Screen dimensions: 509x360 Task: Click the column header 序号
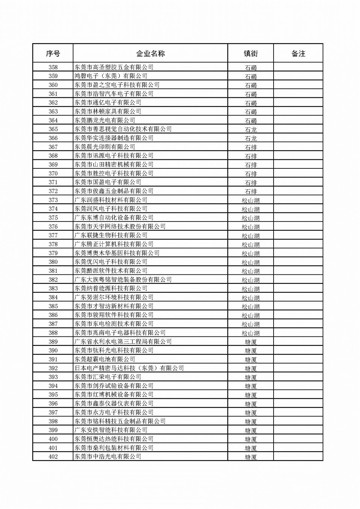pyautogui.click(x=53, y=53)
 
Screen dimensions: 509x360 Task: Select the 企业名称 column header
pyautogui.click(x=150, y=53)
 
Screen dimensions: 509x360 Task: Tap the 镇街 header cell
pyautogui.click(x=251, y=53)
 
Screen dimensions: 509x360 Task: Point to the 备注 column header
pyautogui.click(x=298, y=53)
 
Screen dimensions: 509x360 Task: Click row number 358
pyautogui.click(x=53, y=67)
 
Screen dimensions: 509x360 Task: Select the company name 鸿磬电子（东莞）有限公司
pyautogui.click(x=111, y=76)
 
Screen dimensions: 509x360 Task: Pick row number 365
pyautogui.click(x=53, y=129)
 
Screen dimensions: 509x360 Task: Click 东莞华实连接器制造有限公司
pyautogui.click(x=114, y=138)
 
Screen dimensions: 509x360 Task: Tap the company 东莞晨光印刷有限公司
pyautogui.click(x=105, y=147)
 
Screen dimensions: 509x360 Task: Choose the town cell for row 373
pyautogui.click(x=251, y=200)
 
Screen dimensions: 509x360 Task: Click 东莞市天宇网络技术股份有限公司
pyautogui.click(x=120, y=226)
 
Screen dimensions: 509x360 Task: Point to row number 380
pyautogui.click(x=53, y=262)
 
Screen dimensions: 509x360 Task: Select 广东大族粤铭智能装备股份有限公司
pyautogui.click(x=123, y=280)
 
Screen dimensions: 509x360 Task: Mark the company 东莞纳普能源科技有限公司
pyautogui.click(x=111, y=288)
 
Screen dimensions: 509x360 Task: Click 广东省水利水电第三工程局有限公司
pyautogui.click(x=123, y=342)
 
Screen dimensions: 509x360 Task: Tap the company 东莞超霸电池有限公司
pyautogui.click(x=105, y=359)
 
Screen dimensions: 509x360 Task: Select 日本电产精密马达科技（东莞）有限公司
pyautogui.click(x=129, y=368)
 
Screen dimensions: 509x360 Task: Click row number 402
pyautogui.click(x=53, y=456)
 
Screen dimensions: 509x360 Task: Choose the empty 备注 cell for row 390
pyautogui.click(x=298, y=350)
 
